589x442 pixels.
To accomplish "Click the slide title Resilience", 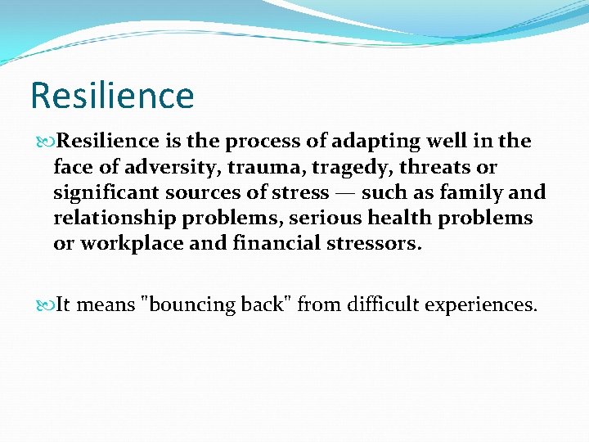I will [112, 95].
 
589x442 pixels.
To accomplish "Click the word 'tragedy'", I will [329, 168].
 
